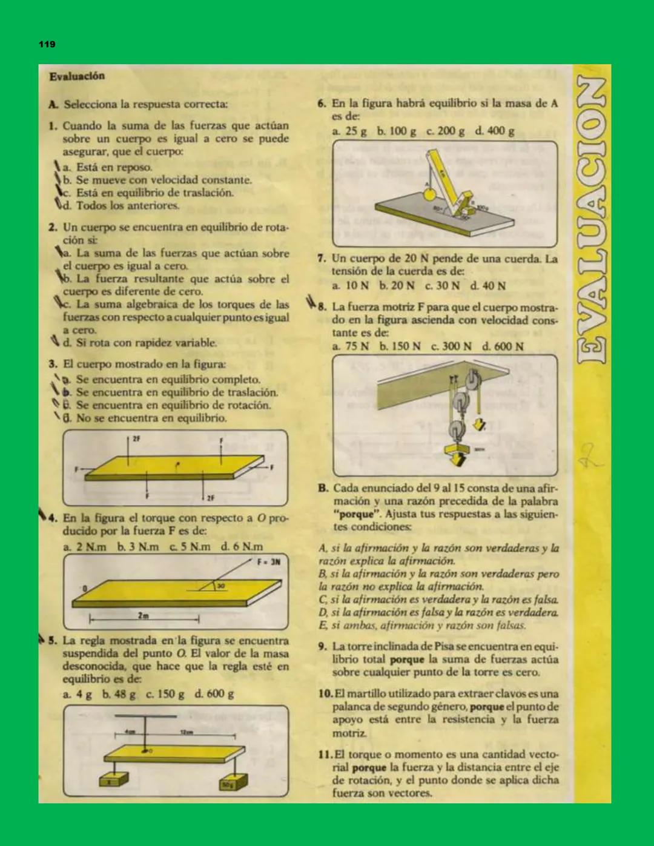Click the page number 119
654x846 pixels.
[47, 44]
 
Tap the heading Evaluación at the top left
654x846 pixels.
[77, 76]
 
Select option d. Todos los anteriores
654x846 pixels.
[121, 205]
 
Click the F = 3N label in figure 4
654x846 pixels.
[268, 561]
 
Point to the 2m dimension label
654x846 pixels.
[143, 615]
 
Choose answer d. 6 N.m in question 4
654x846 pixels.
[242, 547]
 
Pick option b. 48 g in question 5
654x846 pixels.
[119, 694]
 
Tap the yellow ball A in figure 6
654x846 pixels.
[429, 194]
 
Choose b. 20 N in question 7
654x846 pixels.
[397, 285]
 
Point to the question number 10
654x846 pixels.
[325, 693]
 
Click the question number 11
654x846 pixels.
[325, 755]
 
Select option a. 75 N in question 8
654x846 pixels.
[351, 346]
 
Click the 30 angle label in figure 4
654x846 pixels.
[221, 586]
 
